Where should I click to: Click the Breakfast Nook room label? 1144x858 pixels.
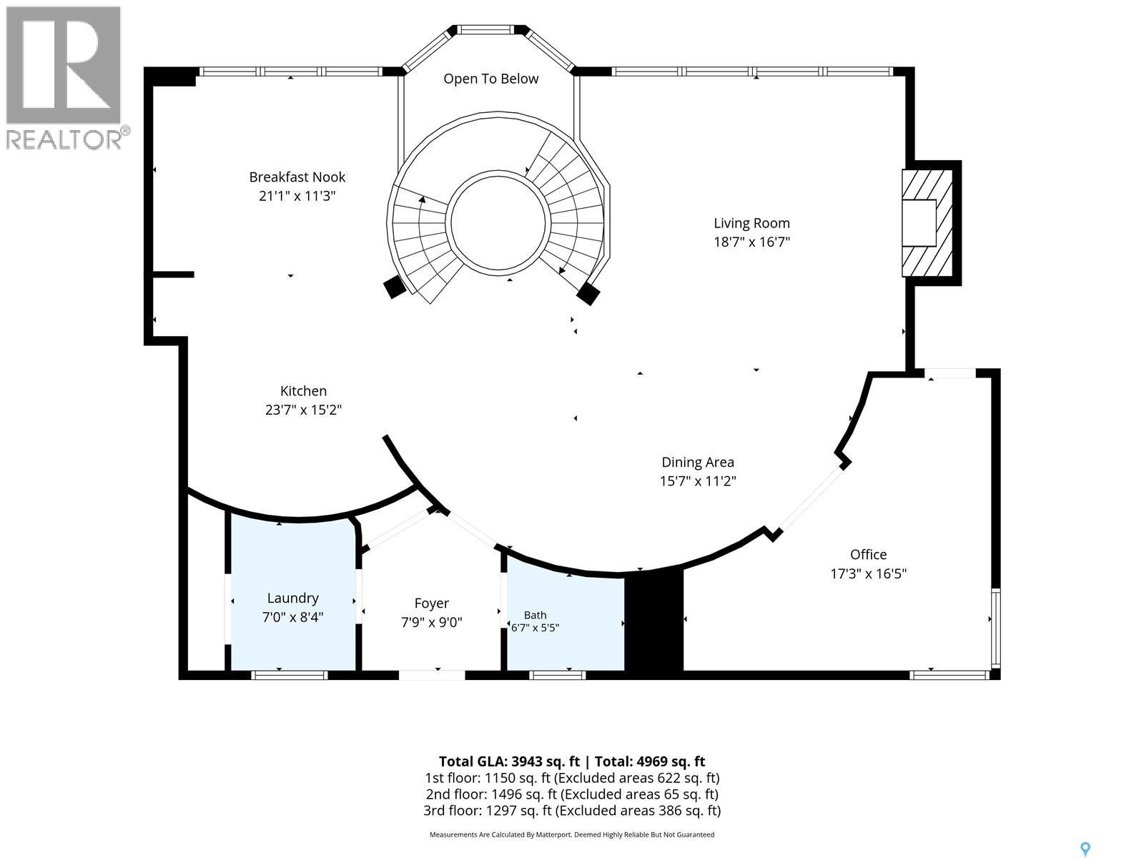click(x=297, y=177)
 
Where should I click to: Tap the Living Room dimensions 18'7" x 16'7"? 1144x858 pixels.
click(x=751, y=242)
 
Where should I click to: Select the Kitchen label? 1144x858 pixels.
click(x=303, y=390)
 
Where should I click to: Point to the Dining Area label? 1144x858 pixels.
click(x=698, y=462)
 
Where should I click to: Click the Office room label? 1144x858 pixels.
click(x=868, y=554)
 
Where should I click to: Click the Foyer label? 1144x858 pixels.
click(x=432, y=603)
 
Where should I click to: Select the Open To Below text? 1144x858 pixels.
click(x=491, y=79)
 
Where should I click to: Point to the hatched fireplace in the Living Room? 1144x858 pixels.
click(x=927, y=222)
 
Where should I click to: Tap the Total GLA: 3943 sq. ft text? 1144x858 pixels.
click(x=509, y=761)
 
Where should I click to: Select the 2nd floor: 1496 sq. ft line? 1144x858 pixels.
click(x=572, y=794)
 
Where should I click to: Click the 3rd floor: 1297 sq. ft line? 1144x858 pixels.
click(x=572, y=810)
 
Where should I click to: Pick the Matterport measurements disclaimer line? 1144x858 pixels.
click(x=572, y=834)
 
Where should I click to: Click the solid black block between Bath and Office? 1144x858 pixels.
click(x=654, y=623)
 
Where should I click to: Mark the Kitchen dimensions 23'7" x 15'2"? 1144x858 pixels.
click(x=303, y=410)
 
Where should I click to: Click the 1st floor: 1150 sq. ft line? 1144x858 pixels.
click(x=572, y=778)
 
